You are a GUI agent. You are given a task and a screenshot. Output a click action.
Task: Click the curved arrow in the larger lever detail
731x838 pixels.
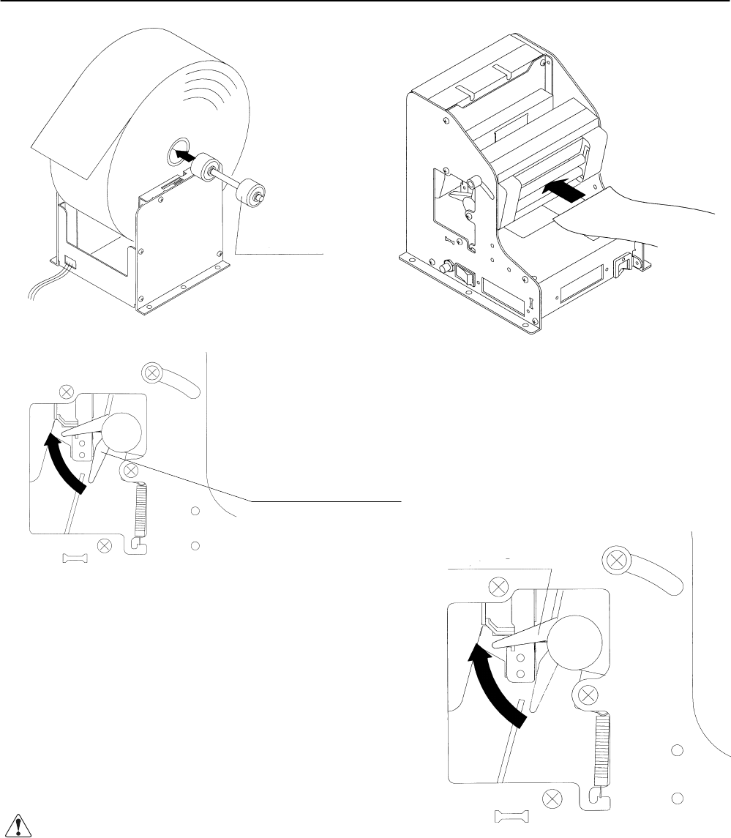[498, 684]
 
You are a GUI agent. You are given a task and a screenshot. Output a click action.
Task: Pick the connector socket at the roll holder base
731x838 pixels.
[70, 261]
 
